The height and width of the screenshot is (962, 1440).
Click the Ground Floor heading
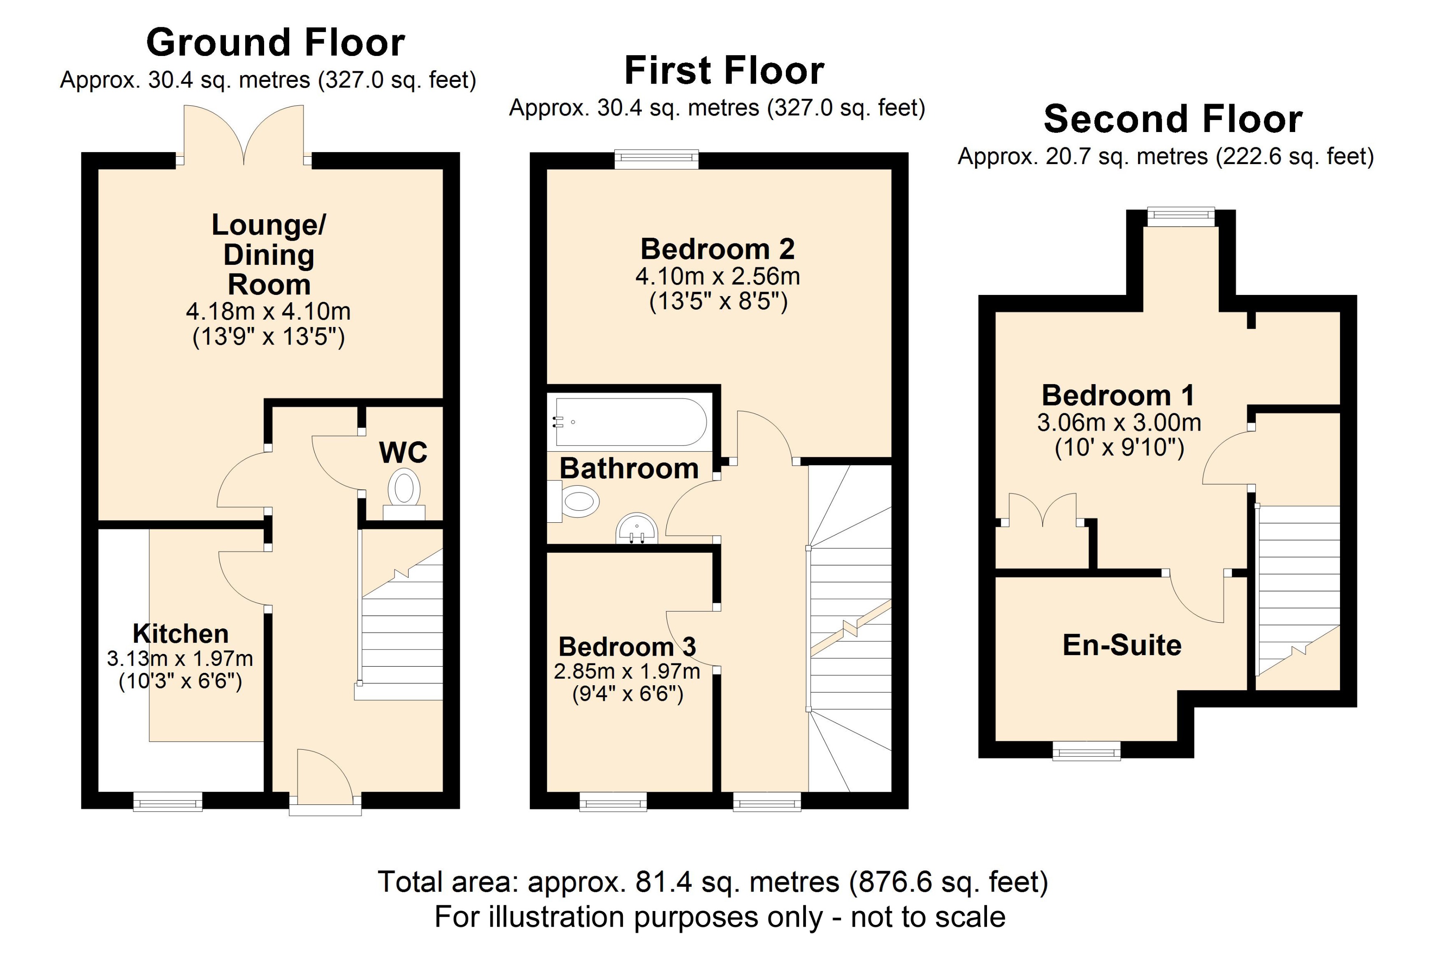pyautogui.click(x=276, y=43)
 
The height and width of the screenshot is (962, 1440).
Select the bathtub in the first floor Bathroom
pyautogui.click(x=630, y=422)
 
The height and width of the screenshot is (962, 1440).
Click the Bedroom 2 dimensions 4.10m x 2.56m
pyautogui.click(x=717, y=277)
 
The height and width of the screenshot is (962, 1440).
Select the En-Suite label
pyautogui.click(x=1122, y=645)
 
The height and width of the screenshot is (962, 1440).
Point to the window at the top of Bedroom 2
pyautogui.click(x=657, y=160)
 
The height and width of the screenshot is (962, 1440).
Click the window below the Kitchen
pyautogui.click(x=167, y=801)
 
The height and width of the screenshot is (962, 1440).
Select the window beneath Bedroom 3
pyautogui.click(x=613, y=801)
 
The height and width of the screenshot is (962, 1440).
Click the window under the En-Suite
pyautogui.click(x=1086, y=751)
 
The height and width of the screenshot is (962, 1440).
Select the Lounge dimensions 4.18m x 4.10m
pyautogui.click(x=268, y=312)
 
